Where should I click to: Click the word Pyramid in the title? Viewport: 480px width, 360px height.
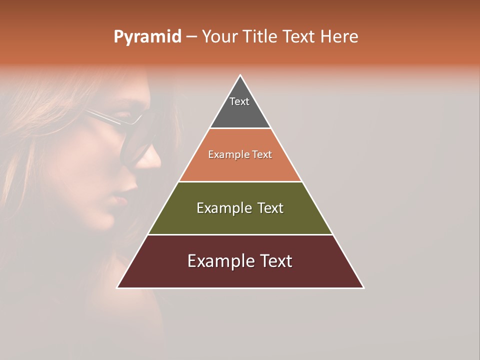click(x=147, y=37)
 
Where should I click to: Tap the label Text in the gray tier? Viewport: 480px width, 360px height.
click(x=239, y=101)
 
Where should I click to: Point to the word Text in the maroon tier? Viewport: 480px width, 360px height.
click(x=275, y=261)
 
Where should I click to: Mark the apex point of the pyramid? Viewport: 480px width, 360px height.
click(x=240, y=75)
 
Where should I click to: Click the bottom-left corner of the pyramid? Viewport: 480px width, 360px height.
click(x=117, y=287)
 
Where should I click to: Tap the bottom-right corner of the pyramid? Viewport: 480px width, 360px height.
click(x=363, y=287)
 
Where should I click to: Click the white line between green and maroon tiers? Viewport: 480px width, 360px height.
click(x=240, y=234)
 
